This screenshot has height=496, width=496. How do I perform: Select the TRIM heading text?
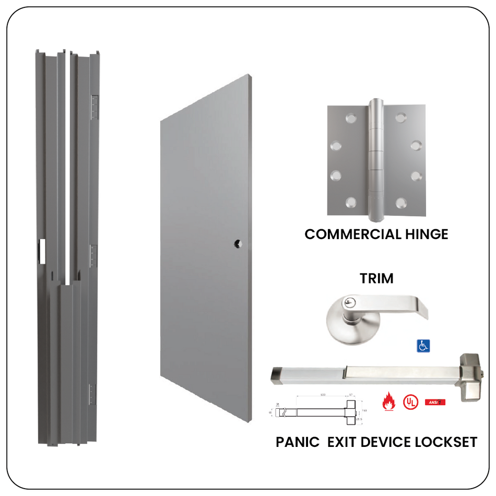376,278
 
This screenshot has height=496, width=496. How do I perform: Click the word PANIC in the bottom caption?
298,442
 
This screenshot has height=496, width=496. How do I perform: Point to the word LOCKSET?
446,442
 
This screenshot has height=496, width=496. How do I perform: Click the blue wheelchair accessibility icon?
423,345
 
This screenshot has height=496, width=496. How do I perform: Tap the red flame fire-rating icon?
388,401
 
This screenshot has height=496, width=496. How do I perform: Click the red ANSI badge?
435,401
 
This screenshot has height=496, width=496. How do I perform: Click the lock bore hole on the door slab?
238,243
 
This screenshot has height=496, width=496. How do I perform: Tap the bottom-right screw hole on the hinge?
401,202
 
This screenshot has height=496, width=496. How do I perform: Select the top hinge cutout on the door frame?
95,107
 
